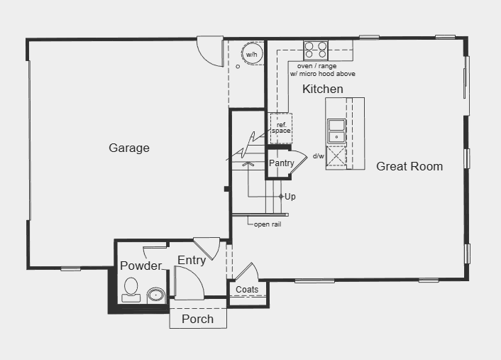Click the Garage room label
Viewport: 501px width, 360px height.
[x=129, y=148]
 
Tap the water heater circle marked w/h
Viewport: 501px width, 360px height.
[x=252, y=54]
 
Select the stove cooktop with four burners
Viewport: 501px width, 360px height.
[x=316, y=50]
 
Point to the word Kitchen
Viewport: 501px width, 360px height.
[x=323, y=89]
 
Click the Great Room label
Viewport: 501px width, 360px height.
[x=409, y=166]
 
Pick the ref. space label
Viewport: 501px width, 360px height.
[x=281, y=128]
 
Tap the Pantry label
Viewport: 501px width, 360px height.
[x=281, y=163]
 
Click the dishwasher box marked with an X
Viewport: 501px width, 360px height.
[x=336, y=157]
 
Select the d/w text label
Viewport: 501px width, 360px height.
[x=318, y=156]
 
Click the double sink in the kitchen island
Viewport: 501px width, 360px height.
[x=336, y=131]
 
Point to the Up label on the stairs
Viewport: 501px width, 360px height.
[x=290, y=196]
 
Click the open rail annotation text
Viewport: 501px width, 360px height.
[x=268, y=224]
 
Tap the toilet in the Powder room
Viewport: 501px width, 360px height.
[x=131, y=290]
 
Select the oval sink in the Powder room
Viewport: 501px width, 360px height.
[x=156, y=295]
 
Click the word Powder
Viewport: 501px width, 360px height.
[x=141, y=266]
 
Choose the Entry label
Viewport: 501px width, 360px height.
[x=192, y=261]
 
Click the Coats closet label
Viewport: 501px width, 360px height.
[x=247, y=289]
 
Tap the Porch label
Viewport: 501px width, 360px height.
[x=198, y=319]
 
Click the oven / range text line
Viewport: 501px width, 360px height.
[x=317, y=66]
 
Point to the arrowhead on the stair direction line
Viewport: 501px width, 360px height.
[x=248, y=164]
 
